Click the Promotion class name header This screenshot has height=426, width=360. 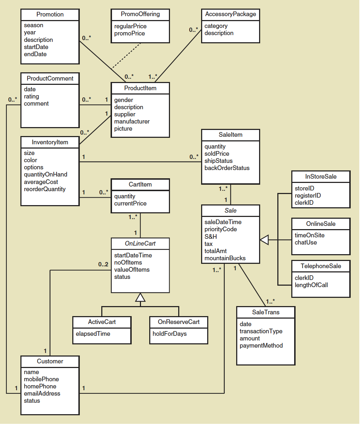[50, 15]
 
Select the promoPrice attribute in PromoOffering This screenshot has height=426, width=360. [130, 33]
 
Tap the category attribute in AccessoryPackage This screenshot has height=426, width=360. [216, 26]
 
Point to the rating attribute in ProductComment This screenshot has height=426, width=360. [31, 96]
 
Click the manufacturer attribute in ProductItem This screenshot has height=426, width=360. [132, 121]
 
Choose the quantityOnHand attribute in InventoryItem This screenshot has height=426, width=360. [45, 174]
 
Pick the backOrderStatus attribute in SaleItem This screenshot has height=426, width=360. [227, 168]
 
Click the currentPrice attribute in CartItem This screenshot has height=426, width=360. [130, 203]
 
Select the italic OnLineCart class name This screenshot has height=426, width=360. [140, 244]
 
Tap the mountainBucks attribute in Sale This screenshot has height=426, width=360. [225, 258]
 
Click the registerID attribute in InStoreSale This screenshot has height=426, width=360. [307, 195]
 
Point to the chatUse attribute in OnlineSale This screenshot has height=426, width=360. [306, 242]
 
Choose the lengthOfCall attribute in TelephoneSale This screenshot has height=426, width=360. [311, 285]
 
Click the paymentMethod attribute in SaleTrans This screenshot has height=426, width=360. [261, 345]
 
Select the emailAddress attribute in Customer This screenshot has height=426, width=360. [42, 393]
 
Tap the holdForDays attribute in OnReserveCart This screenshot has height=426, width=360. [169, 334]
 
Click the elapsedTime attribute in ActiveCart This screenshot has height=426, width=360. [93, 334]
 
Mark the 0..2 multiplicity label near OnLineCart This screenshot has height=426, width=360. [103, 265]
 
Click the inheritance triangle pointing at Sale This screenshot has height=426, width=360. [264, 240]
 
